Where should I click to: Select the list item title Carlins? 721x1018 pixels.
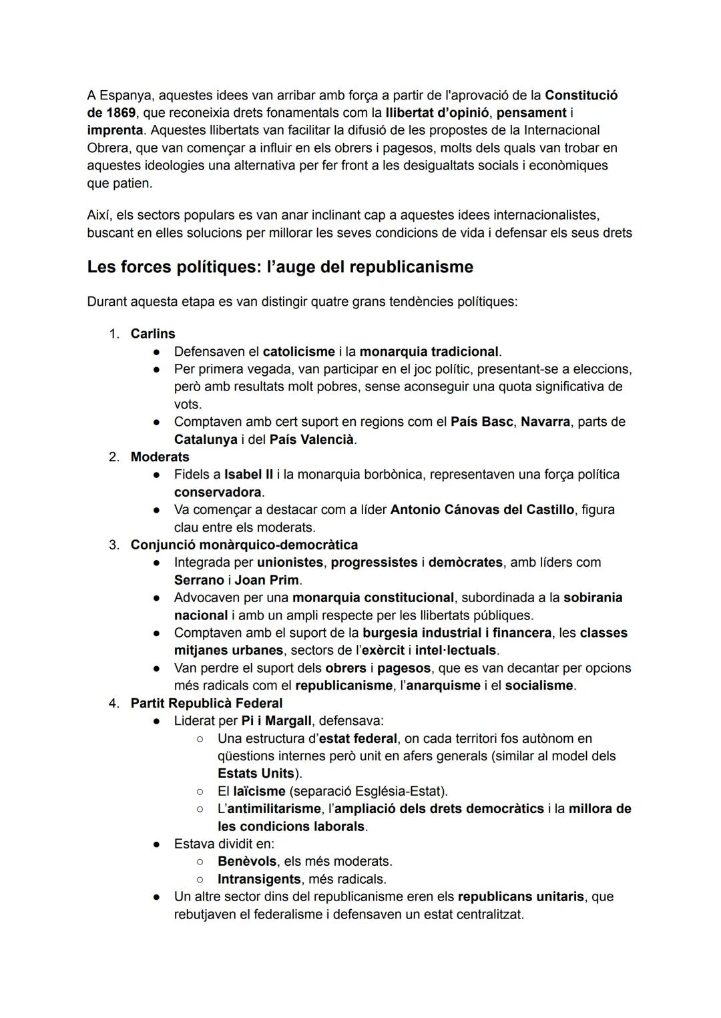(x=153, y=334)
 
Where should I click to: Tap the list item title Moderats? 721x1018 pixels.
(x=160, y=457)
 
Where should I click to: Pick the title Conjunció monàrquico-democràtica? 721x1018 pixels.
(x=244, y=545)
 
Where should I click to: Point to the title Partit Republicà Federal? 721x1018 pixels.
(x=206, y=704)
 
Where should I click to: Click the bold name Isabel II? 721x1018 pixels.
(x=248, y=475)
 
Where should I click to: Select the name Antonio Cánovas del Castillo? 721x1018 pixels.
(x=482, y=510)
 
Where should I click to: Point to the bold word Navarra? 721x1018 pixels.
(x=545, y=422)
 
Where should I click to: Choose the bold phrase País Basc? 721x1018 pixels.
(x=482, y=422)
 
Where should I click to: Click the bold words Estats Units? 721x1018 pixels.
(x=256, y=774)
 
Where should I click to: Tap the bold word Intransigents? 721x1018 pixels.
(x=259, y=879)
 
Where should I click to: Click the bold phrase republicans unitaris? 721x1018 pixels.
(x=521, y=897)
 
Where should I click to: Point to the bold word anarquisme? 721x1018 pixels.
(x=443, y=686)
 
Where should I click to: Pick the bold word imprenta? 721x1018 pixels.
(x=115, y=130)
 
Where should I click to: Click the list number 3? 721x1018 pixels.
(x=114, y=545)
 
